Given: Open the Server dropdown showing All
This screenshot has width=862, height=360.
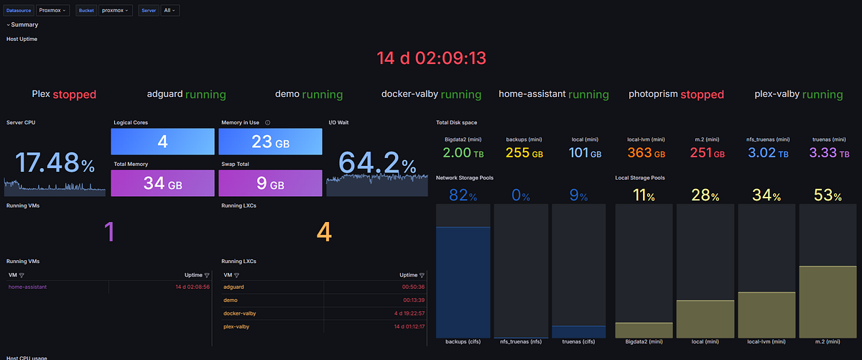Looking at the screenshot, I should click(170, 11).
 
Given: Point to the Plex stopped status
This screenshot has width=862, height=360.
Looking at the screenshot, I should click(64, 94).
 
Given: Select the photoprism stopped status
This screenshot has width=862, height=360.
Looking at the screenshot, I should click(676, 94).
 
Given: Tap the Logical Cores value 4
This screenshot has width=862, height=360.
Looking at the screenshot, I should click(163, 142).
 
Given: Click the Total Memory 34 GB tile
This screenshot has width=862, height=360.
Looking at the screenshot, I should click(163, 183).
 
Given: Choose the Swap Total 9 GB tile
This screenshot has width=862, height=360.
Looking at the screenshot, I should click(270, 183).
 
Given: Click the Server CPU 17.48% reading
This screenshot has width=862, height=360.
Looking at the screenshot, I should click(55, 163).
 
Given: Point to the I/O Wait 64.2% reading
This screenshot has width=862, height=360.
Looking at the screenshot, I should click(377, 163).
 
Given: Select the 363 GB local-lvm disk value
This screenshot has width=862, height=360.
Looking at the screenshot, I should click(646, 153).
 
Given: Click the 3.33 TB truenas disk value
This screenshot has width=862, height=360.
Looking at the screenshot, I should click(830, 153).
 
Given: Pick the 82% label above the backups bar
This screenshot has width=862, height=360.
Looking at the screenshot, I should click(463, 195).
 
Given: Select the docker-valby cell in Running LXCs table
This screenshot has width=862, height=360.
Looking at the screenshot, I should click(241, 313).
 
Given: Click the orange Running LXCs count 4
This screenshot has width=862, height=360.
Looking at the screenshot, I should click(325, 232).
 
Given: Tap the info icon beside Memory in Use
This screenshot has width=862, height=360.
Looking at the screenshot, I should click(267, 123).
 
